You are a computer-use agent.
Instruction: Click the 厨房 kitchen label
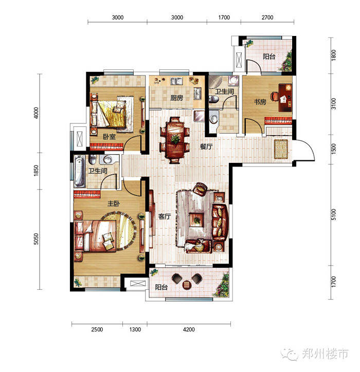click(x=177, y=98)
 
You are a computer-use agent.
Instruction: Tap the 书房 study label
click(x=260, y=102)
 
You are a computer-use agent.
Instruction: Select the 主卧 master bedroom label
click(x=114, y=203)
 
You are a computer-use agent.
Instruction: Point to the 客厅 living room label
click(x=165, y=216)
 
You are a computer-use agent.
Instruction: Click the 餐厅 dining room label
click(x=206, y=146)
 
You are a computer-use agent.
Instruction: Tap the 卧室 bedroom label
click(x=109, y=137)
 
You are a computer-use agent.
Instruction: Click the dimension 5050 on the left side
click(x=36, y=239)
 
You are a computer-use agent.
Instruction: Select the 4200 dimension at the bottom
click(x=189, y=329)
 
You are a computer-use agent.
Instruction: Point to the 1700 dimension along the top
click(x=224, y=17)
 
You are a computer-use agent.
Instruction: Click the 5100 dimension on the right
click(x=334, y=214)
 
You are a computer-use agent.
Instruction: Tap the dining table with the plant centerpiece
click(x=175, y=140)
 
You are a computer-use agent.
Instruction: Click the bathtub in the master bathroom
click(x=79, y=171)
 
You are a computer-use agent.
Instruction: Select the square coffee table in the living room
click(x=196, y=220)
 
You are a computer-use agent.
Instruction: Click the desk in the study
click(x=285, y=98)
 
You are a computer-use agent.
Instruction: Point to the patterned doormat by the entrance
click(x=281, y=149)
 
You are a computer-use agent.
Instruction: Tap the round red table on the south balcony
click(x=187, y=284)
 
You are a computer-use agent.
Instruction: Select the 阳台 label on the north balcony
click(x=269, y=57)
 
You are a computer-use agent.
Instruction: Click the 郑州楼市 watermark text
click(x=326, y=354)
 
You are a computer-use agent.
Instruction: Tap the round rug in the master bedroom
click(x=119, y=230)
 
